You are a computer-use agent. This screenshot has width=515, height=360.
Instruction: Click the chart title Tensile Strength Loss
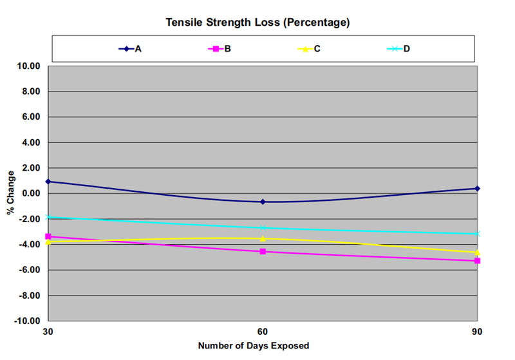(257, 23)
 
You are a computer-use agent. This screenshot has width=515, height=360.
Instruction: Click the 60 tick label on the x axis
(263, 331)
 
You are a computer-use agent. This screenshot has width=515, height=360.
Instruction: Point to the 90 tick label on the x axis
(477, 331)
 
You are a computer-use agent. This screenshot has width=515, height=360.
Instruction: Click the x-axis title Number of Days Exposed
(253, 346)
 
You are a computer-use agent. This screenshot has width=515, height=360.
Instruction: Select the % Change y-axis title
(11, 193)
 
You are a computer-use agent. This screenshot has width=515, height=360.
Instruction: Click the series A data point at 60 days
(263, 202)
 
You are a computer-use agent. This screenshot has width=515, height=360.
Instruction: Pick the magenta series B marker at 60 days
(263, 251)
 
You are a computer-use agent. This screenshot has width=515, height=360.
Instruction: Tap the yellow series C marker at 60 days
(263, 238)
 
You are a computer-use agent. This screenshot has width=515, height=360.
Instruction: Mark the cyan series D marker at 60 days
(263, 228)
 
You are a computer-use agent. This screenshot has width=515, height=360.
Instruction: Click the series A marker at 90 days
(477, 188)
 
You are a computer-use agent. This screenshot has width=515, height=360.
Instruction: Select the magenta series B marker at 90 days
(477, 261)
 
